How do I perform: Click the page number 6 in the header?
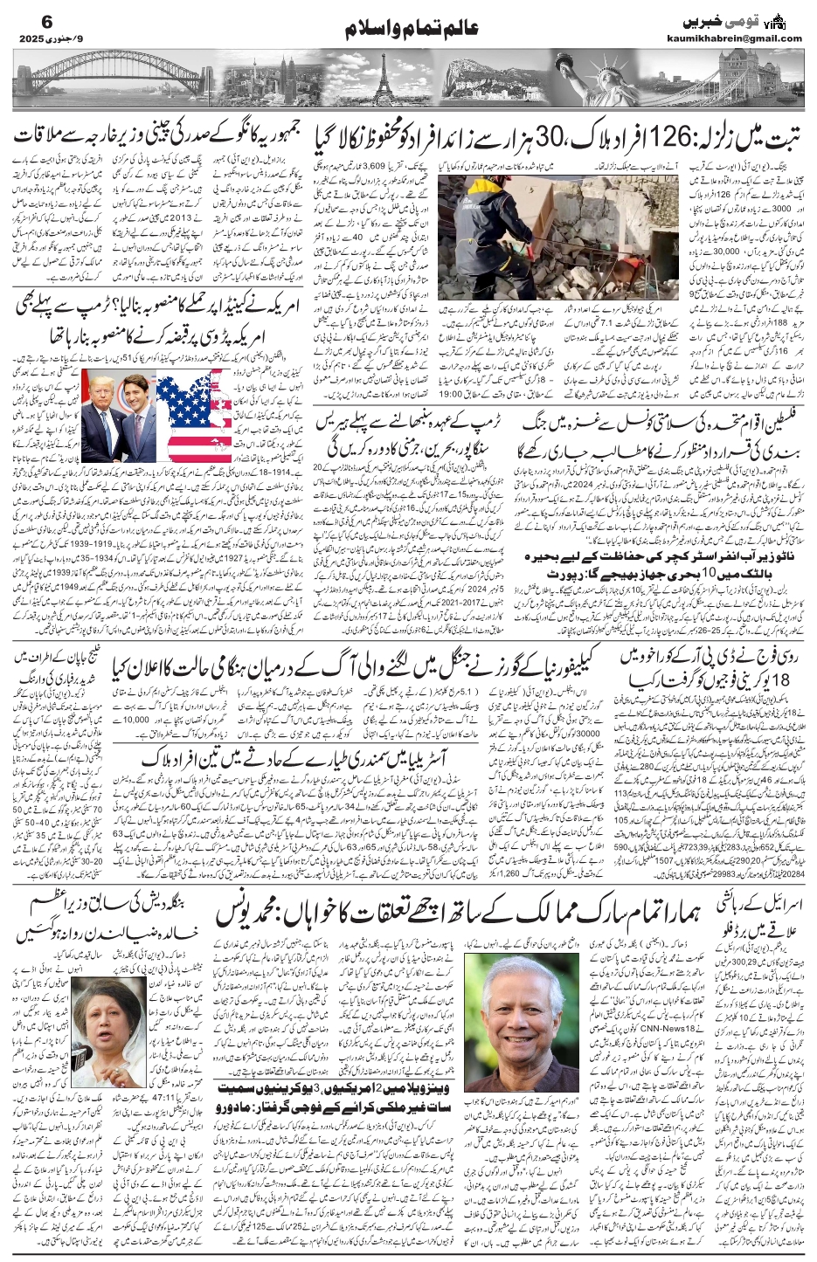[x=24, y=20]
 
